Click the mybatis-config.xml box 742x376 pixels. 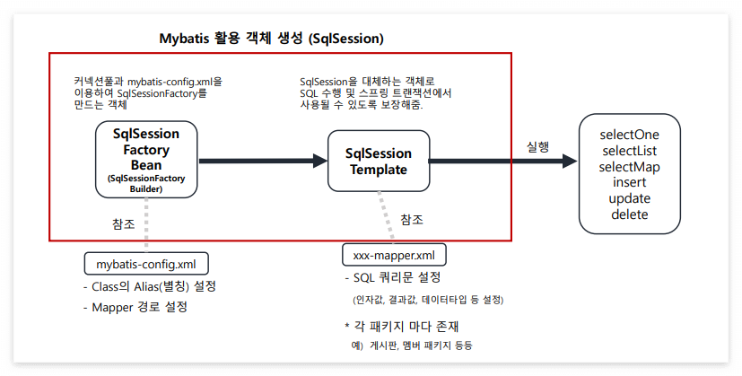click(146, 264)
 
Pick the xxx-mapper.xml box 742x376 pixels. click(394, 255)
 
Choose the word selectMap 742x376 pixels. click(628, 166)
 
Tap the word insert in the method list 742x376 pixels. click(628, 182)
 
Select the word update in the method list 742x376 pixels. click(628, 198)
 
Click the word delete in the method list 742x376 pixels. click(628, 214)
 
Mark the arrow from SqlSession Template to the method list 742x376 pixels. click(502, 162)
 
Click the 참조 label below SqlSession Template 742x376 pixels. click(411, 219)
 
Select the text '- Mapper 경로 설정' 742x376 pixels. click(135, 307)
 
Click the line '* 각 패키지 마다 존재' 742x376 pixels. click(402, 326)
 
